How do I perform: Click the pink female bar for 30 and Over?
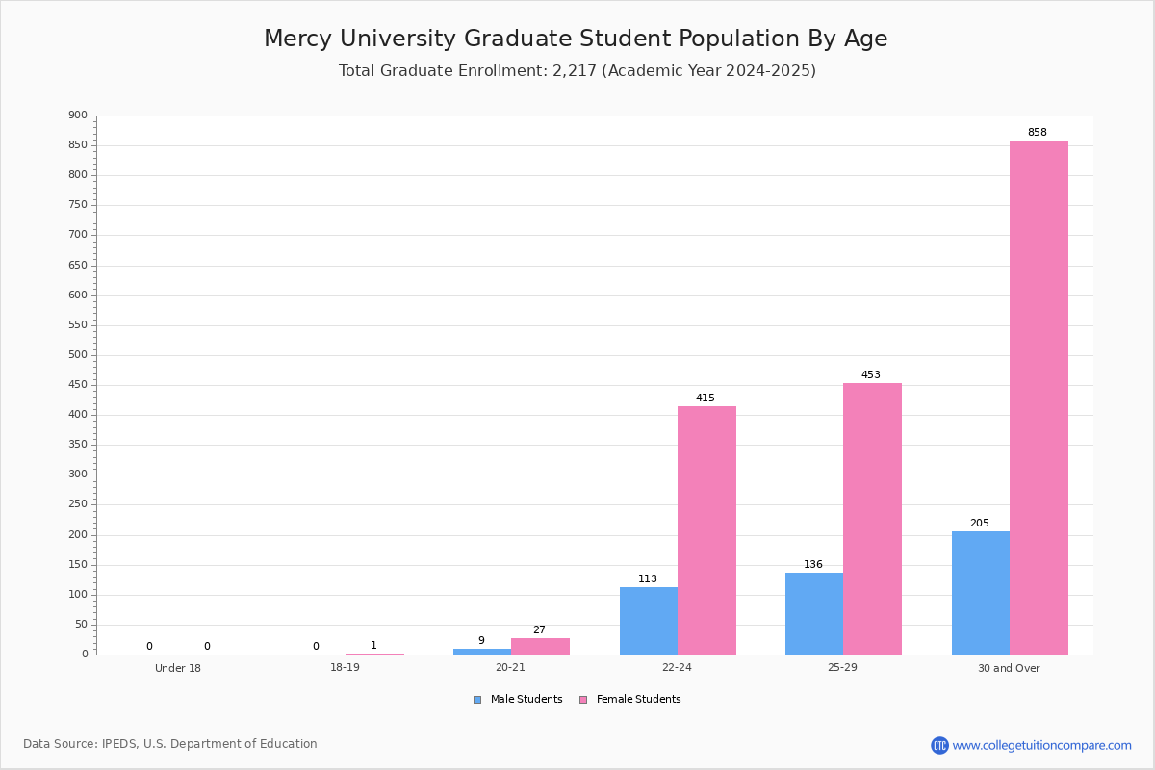[1039, 398]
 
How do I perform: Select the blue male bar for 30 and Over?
[981, 593]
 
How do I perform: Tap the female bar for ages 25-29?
[872, 519]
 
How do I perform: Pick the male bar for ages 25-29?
[814, 614]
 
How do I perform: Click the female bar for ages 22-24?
[706, 530]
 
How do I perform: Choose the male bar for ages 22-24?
[649, 621]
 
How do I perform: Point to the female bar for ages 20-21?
[540, 647]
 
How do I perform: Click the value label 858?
[1038, 132]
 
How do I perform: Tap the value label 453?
[871, 374]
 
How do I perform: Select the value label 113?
[648, 578]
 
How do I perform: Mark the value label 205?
[980, 523]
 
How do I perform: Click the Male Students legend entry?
[518, 700]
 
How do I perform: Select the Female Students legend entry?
[630, 700]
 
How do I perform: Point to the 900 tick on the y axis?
[78, 115]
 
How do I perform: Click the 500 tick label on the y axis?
[78, 355]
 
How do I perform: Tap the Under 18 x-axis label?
[178, 668]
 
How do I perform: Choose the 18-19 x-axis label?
[345, 667]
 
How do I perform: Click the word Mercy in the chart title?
[297, 39]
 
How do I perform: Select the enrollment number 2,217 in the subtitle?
[575, 71]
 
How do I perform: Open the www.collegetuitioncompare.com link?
[1041, 745]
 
